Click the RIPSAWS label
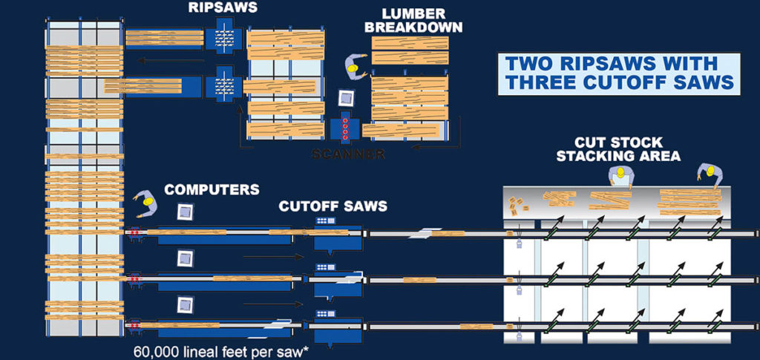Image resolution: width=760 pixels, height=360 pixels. [x=224, y=7]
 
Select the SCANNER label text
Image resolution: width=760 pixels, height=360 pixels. [x=349, y=154]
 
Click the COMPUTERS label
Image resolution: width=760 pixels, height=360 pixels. [x=212, y=189]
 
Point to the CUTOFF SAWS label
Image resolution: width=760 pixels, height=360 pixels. [x=333, y=206]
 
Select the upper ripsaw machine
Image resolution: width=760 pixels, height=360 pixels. [x=224, y=35]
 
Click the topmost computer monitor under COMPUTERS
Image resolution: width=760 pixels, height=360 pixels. [x=185, y=212]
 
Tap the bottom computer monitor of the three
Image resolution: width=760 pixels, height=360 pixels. [x=185, y=304]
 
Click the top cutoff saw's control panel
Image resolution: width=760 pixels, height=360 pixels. [x=325, y=221]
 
